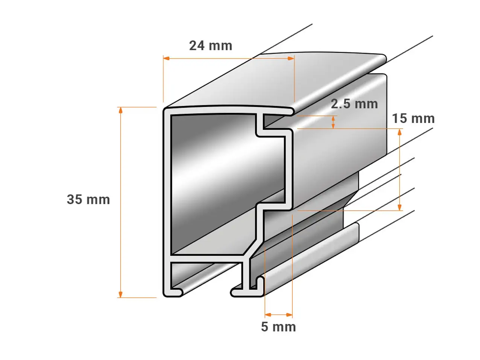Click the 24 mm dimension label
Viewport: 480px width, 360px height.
point(211,46)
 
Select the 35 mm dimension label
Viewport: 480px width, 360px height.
point(88,199)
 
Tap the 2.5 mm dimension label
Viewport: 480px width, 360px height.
point(354,104)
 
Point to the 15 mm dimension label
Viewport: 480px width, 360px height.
point(413,118)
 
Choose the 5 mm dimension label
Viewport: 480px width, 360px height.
point(278,327)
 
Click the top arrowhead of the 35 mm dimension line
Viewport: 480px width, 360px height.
point(120,110)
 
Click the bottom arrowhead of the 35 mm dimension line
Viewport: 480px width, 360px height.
point(120,295)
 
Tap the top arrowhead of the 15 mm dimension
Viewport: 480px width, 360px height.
point(399,132)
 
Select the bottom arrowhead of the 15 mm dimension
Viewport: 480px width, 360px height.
point(399,207)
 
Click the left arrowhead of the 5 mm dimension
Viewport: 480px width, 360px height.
point(268,314)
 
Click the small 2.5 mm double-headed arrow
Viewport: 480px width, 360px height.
point(333,122)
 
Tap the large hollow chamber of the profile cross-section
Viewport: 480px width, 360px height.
point(213,184)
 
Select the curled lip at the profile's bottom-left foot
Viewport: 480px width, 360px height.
point(177,292)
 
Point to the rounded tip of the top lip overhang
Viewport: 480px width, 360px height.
point(292,111)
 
